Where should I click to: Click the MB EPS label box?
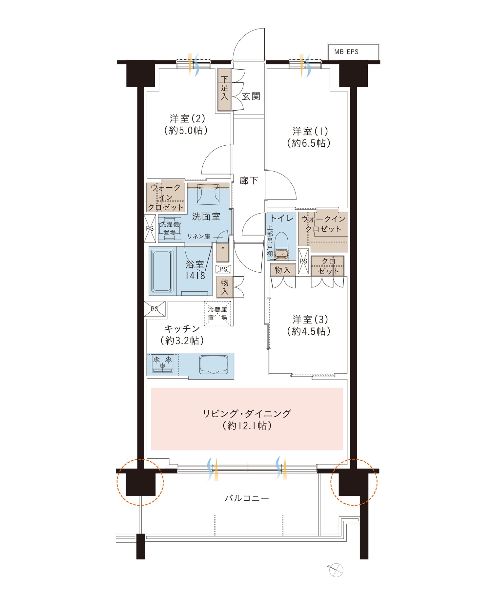[353, 52]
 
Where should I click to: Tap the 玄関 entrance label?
[251, 96]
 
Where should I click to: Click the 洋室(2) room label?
[187, 118]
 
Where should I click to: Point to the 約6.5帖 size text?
[309, 143]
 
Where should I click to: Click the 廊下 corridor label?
[248, 180]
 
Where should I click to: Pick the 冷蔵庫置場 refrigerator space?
[217, 314]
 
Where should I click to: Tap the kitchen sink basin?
[214, 365]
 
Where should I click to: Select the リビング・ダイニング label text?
[247, 414]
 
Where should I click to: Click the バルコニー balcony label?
[247, 498]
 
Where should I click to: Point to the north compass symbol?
[336, 570]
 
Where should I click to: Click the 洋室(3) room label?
[310, 319]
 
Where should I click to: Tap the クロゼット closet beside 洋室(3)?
[328, 266]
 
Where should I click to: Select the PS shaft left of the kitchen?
[155, 309]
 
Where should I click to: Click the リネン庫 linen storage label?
[199, 236]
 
